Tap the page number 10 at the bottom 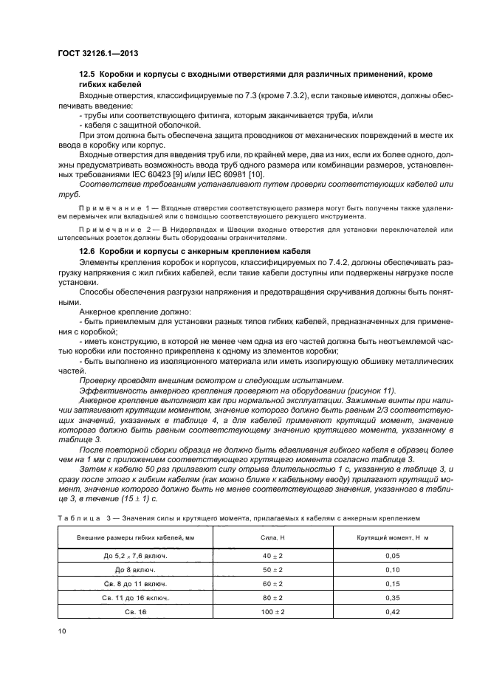(61, 630)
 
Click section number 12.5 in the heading (89, 76)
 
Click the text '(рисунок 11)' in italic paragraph (370, 389)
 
